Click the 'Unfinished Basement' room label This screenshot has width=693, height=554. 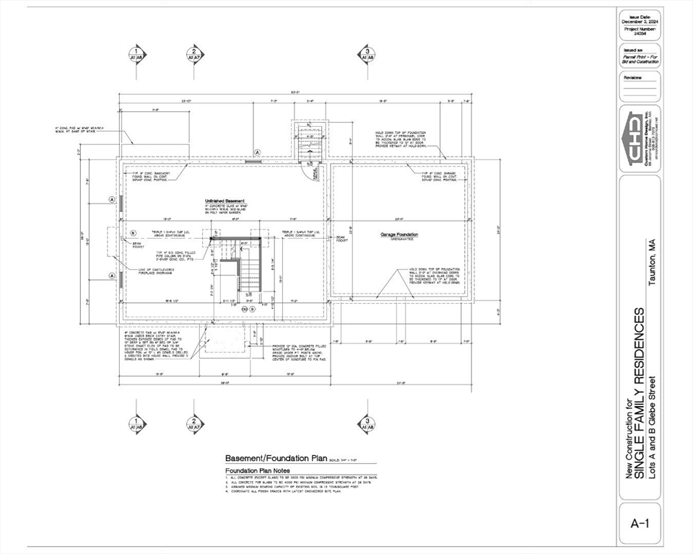[225, 201]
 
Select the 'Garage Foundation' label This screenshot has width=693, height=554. [399, 234]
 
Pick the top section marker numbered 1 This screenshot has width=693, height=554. [135, 53]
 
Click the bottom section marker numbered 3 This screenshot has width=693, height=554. [367, 423]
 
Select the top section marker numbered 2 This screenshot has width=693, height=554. [193, 53]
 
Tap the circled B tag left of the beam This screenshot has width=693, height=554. [133, 233]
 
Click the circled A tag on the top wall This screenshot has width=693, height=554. [257, 151]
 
